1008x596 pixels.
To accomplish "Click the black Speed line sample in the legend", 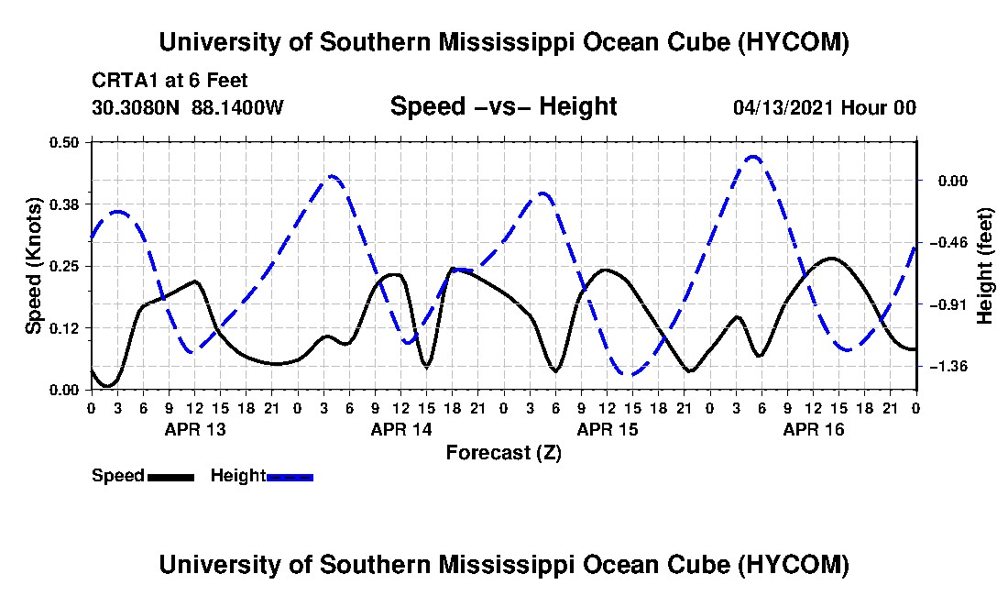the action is pos(170,477).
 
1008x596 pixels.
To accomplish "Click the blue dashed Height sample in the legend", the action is pos(290,477).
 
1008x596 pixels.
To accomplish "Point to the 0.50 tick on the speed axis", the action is pos(63,142).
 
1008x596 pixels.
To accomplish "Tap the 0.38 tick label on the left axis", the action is pos(63,204).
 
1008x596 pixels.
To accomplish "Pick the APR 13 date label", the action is pos(195,429).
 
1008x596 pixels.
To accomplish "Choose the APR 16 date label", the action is pos(813,429).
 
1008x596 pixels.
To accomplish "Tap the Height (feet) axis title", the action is pos(984,266).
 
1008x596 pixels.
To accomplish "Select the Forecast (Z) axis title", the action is pos(504,453).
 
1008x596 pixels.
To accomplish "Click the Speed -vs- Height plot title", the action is pos(503,106).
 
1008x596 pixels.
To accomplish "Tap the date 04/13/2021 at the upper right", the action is pos(783,107).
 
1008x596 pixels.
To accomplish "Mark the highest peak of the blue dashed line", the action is pos(752,156).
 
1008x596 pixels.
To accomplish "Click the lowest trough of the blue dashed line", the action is pos(629,375).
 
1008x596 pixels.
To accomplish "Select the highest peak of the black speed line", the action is pos(832,259).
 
